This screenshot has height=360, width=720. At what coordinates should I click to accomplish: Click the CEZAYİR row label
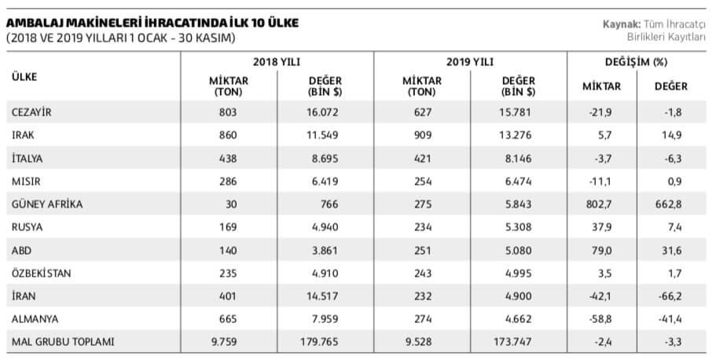coord(31,112)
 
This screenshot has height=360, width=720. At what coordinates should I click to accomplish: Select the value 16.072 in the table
coord(325,112)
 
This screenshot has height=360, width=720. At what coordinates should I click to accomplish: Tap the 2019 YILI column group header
coord(469,61)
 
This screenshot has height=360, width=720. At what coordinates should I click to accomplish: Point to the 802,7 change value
coord(601,204)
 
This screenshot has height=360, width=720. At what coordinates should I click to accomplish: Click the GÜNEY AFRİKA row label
coord(47,204)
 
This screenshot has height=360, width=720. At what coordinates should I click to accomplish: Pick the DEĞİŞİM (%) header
coord(636,61)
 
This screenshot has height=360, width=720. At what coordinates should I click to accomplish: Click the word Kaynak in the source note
coord(620,24)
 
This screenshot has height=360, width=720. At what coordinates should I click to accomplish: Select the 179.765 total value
coord(325,342)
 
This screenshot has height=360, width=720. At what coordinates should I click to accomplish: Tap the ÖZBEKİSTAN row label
coord(42,273)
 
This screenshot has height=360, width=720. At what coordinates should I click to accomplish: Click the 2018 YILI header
coord(277,61)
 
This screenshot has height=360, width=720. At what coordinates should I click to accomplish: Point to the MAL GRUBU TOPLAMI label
coord(64,342)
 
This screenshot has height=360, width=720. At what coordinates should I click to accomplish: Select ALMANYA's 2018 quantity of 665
coord(228,319)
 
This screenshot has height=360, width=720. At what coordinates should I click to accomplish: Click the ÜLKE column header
coord(25,76)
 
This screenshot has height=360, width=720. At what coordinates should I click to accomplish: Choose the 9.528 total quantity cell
coord(421,342)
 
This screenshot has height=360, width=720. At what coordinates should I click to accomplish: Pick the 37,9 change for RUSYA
coord(601,227)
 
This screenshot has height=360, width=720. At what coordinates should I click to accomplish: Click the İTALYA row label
coord(28,158)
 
